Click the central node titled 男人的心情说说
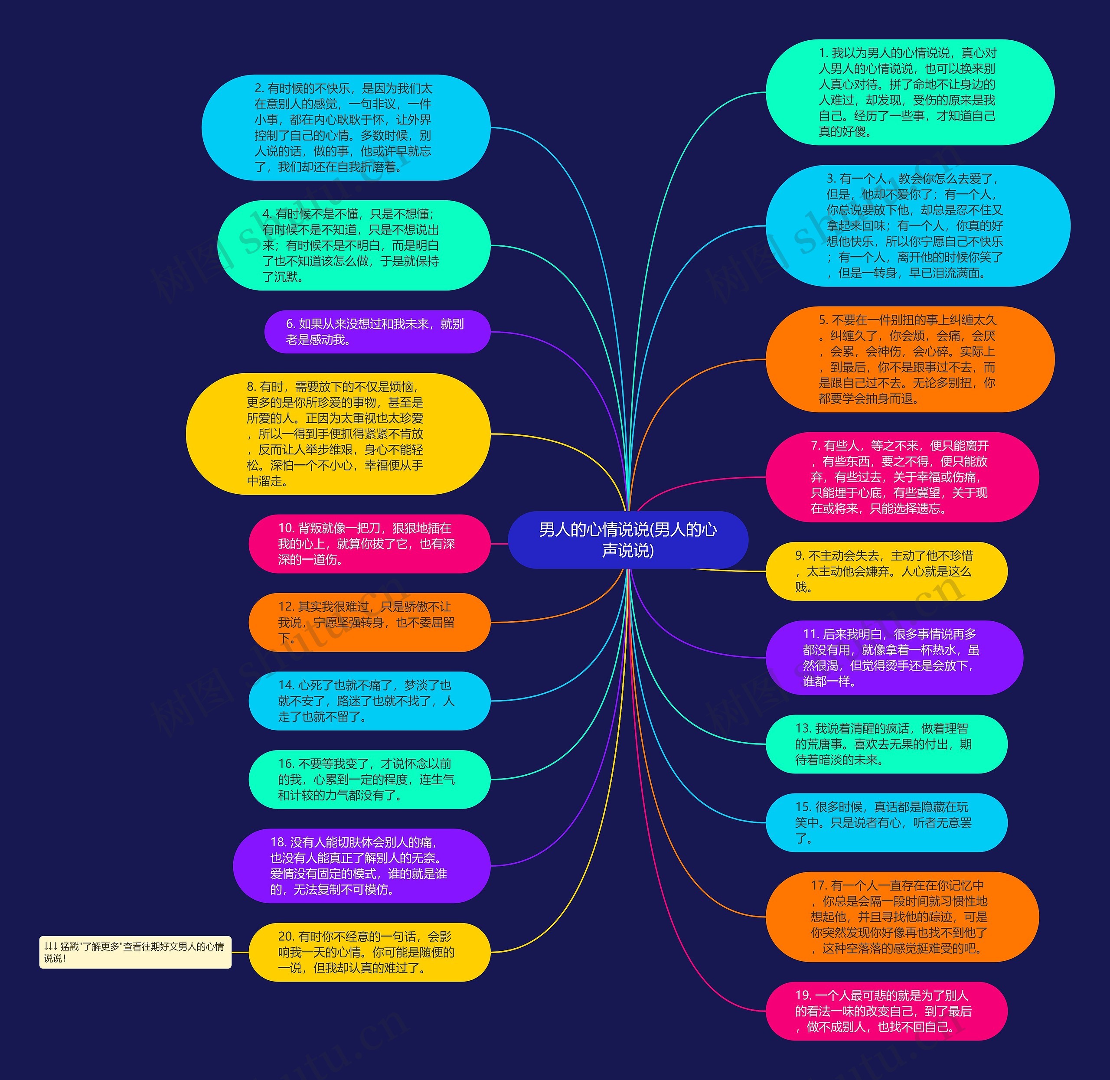(628, 539)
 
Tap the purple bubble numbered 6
(377, 332)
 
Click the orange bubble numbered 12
(369, 622)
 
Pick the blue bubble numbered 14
(369, 701)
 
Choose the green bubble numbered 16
(369, 780)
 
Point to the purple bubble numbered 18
(361, 865)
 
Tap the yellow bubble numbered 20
(369, 953)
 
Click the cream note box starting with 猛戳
(135, 953)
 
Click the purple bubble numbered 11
(894, 657)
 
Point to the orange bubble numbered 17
(902, 917)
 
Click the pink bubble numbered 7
(902, 477)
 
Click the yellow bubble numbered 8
(338, 434)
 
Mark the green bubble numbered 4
(354, 245)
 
